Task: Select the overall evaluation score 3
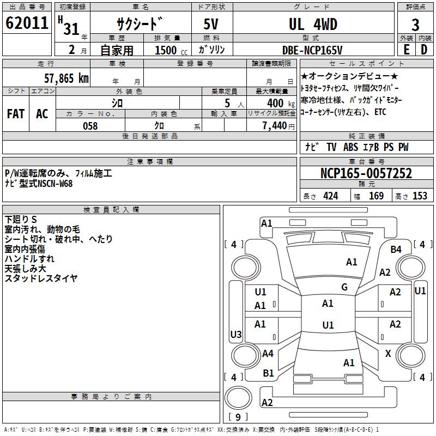pos(415,25)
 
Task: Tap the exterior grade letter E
pos(406,49)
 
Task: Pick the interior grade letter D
pos(424,49)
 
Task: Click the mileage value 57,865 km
pos(66,78)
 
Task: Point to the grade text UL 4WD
pos(313,25)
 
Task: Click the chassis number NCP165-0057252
pos(366,174)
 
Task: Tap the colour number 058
pos(90,126)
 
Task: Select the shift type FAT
pos(16,114)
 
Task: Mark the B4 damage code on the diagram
pos(396,249)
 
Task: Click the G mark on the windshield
pos(344,287)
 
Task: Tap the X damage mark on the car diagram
pos(388,354)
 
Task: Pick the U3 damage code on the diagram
pos(236,334)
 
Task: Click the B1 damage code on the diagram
pos(269,373)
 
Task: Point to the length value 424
pos(330,196)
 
